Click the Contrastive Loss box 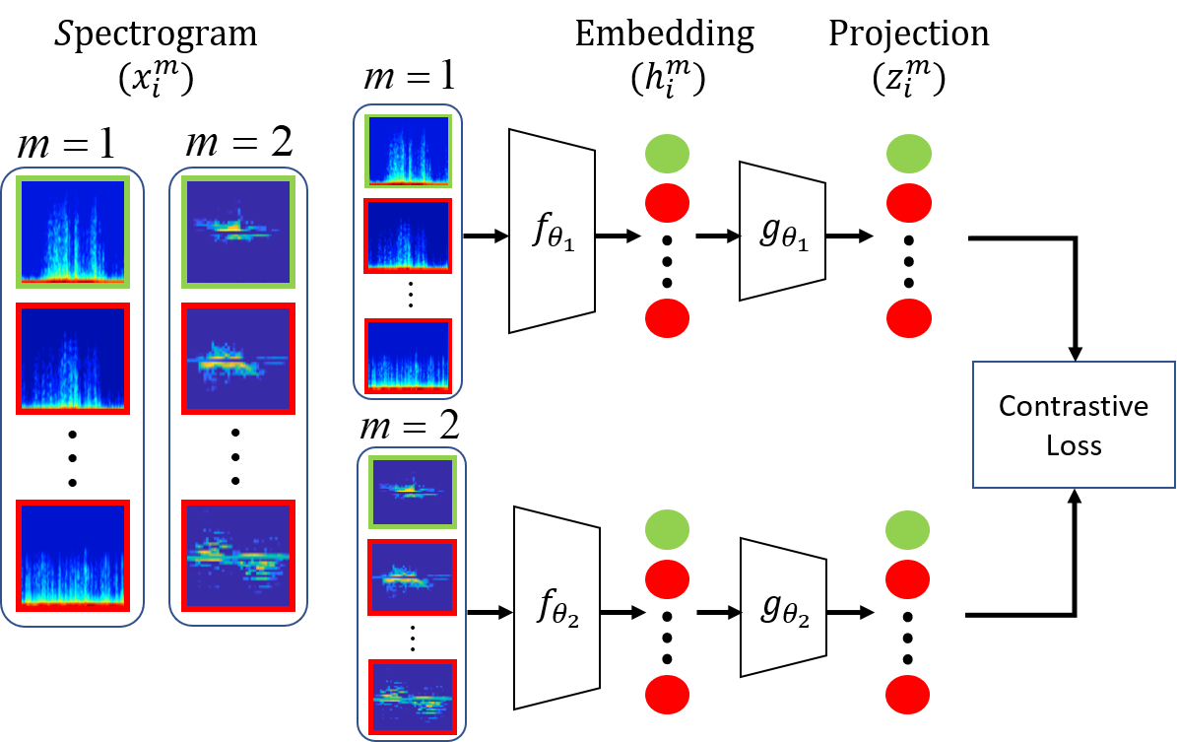tap(1074, 425)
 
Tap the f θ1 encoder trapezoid tap(552, 232)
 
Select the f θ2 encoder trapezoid tap(556, 608)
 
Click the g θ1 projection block tap(782, 232)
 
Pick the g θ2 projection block tap(782, 607)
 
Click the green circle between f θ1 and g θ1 tap(667, 154)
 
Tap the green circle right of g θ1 tap(908, 154)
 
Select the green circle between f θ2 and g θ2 tap(667, 531)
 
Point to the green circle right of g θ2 tap(908, 531)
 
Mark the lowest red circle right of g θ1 tap(908, 318)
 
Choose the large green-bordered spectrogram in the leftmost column tap(72, 233)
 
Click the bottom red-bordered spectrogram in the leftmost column tap(72, 556)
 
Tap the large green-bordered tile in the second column tap(238, 233)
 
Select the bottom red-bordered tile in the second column tap(238, 556)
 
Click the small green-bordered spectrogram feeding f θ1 tap(408, 151)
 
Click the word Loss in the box tap(1074, 445)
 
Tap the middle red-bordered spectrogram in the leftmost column tap(72, 359)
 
